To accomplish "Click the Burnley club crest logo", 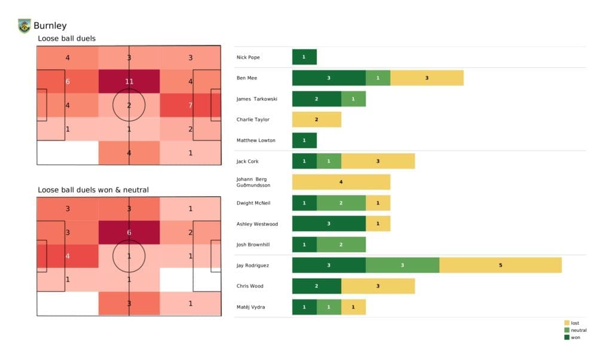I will point(24,26).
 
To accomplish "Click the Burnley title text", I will point(50,26).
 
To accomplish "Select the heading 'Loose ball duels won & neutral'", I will point(93,190).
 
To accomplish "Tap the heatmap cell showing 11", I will point(129,81).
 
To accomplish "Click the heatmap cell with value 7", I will point(190,105).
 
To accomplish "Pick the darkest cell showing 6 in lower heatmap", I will point(129,233).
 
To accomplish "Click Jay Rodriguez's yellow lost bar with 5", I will point(500,265).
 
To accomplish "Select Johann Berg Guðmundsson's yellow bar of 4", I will point(341,182).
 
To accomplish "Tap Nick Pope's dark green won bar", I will point(304,57).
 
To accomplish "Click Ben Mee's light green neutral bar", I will point(378,78).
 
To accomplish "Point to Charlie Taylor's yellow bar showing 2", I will point(316,120).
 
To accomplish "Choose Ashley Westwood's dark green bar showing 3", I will point(329,223).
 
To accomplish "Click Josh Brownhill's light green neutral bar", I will point(341,244).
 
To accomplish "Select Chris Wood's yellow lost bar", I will point(378,286).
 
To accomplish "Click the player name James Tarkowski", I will point(257,99).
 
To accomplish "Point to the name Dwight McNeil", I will point(253,203).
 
